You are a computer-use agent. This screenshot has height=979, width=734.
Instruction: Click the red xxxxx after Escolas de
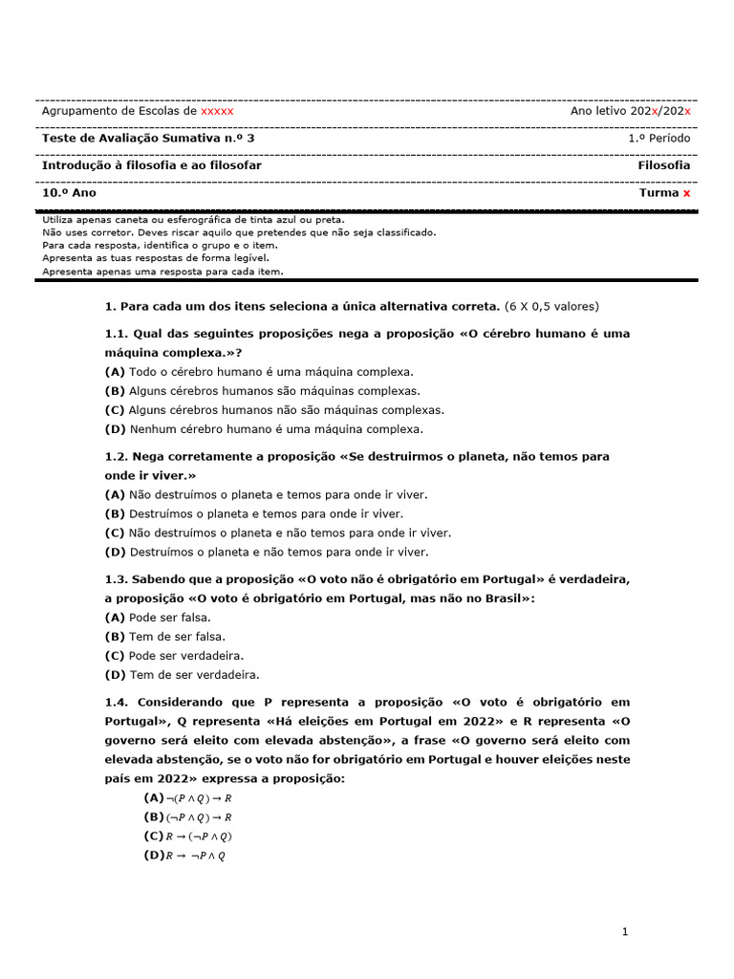coord(216,111)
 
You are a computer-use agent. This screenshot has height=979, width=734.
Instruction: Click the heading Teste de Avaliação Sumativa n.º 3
coord(148,139)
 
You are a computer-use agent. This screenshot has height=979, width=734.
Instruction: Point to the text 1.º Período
coord(658,139)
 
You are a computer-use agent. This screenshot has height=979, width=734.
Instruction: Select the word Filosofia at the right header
coord(663,165)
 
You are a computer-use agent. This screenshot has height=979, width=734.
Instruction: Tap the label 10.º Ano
coord(69,192)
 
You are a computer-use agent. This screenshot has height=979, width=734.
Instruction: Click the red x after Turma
coord(686,192)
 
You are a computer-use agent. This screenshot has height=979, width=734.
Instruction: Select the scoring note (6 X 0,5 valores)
coord(551,306)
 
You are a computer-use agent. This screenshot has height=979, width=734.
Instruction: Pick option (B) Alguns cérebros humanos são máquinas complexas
coord(262,391)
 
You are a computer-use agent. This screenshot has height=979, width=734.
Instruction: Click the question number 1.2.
coord(116,457)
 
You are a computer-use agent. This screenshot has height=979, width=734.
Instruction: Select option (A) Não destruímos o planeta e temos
coord(267,494)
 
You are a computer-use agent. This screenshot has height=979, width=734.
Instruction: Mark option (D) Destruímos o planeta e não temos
coord(267,552)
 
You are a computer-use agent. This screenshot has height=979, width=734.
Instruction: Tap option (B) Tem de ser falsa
coord(164,636)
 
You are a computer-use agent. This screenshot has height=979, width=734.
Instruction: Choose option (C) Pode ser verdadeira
coord(174,655)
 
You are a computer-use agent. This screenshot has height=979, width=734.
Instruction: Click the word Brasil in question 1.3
coord(503,598)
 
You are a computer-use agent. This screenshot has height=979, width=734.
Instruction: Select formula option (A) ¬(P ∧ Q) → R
coord(188,798)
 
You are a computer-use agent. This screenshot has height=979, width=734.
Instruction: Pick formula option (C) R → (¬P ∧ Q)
coord(188,837)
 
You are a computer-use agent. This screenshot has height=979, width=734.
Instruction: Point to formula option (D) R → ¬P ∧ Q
coord(184,856)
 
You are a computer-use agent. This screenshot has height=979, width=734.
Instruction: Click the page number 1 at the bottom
coord(624,932)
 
